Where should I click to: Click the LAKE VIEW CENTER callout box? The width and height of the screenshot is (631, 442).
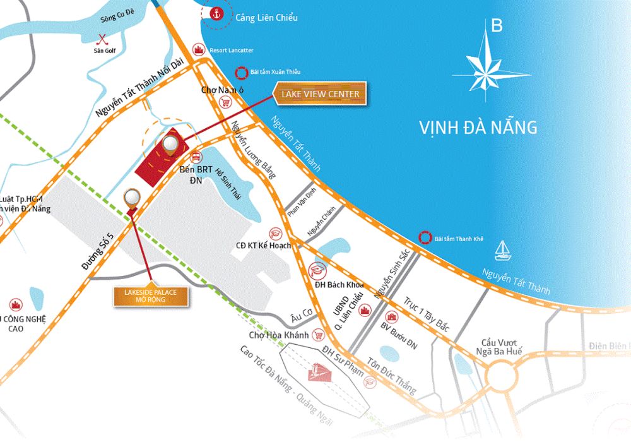click(x=319, y=94)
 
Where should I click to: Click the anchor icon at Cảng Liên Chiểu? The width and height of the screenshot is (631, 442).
click(x=216, y=13)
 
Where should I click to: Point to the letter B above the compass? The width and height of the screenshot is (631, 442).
click(x=497, y=26)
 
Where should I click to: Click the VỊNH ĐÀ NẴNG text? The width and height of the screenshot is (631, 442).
click(x=478, y=127)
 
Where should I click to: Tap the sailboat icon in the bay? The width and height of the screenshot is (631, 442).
click(x=503, y=249)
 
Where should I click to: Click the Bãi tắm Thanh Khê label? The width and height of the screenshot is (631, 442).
click(x=459, y=239)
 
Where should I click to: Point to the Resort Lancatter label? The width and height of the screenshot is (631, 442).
click(x=232, y=50)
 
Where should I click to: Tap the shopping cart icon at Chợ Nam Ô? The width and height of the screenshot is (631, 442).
click(x=224, y=102)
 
